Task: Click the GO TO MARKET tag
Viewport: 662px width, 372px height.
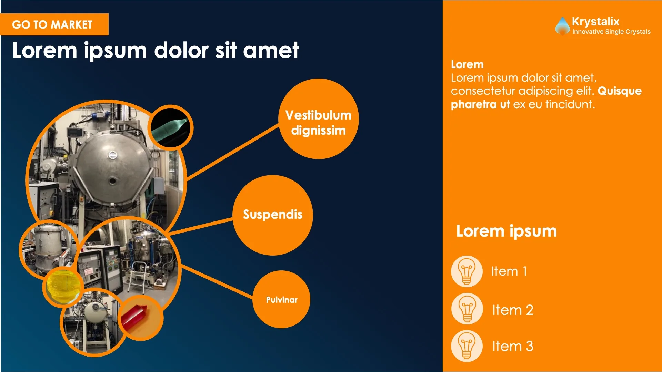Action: (54, 24)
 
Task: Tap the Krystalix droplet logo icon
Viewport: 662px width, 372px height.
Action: (562, 26)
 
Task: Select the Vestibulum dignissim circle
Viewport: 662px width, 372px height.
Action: (319, 119)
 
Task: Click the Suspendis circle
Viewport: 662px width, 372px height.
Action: (273, 215)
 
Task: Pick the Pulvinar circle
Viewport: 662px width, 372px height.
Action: (282, 299)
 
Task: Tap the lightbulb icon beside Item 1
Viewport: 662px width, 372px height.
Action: (467, 271)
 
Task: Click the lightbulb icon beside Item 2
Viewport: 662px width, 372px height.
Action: (467, 309)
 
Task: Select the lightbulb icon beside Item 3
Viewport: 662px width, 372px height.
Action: (467, 346)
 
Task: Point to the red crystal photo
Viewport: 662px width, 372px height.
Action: (140, 318)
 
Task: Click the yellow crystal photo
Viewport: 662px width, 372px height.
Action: (63, 287)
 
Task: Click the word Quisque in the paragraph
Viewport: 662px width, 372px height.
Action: (620, 91)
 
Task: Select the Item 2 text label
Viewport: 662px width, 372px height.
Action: (513, 310)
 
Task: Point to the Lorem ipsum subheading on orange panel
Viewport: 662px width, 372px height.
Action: (506, 231)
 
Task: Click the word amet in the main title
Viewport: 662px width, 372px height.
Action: (271, 51)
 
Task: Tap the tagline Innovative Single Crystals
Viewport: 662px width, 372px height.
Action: (611, 32)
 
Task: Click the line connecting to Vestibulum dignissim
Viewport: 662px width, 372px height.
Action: (233, 152)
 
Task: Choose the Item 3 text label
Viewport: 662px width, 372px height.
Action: (513, 346)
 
